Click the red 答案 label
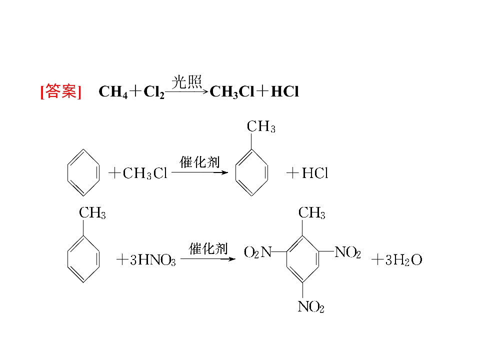pos(60,91)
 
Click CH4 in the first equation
pos(113,91)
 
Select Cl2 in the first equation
pos(154,91)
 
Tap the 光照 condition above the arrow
pos(186,81)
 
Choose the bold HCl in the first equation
pos(284,91)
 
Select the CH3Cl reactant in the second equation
pos(145,173)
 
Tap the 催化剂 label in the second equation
pos(199,162)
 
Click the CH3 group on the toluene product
pos(261,126)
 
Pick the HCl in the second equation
pos(315,173)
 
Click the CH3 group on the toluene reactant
pos(92,213)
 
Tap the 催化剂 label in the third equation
pos(208,248)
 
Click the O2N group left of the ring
pos(258,252)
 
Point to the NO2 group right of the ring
pos(348,252)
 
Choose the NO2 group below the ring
pos(311,306)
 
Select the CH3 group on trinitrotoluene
pos(311,213)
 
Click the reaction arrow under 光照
pos(186,91)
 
